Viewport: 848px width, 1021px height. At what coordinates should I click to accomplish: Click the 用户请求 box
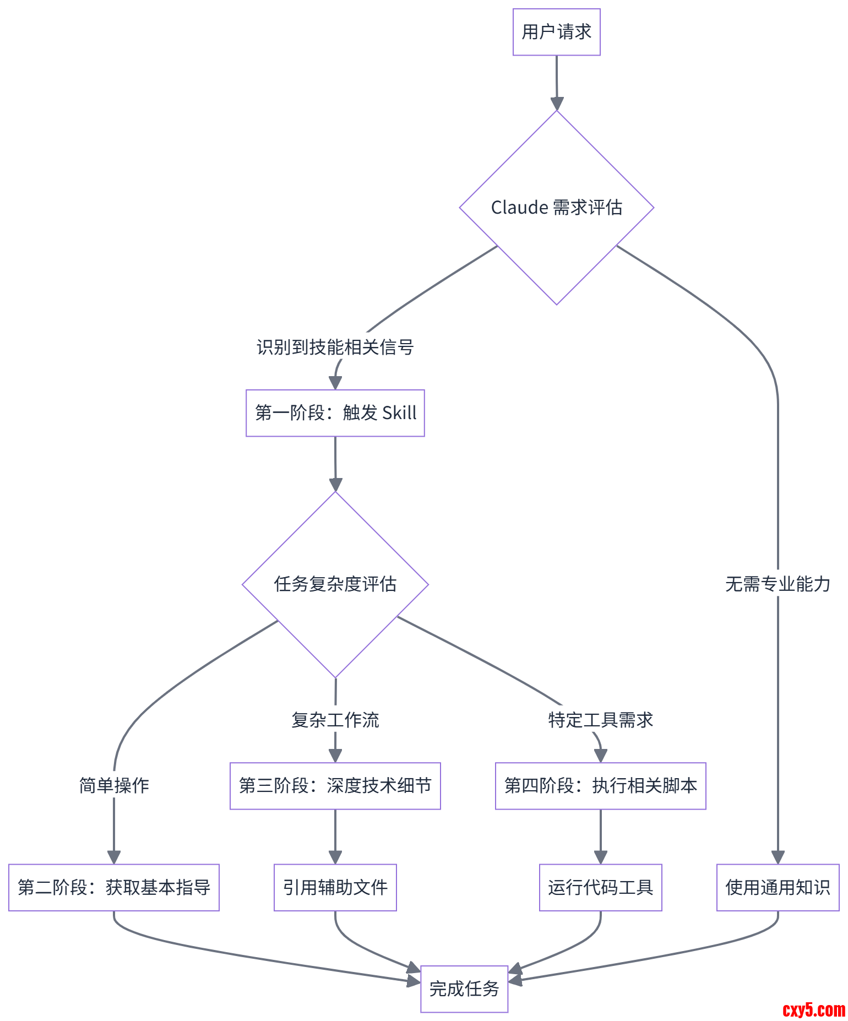(x=556, y=32)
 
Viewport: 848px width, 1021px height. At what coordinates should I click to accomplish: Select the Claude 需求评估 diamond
(x=556, y=208)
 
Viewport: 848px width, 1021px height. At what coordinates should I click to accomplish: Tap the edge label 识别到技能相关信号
(x=335, y=347)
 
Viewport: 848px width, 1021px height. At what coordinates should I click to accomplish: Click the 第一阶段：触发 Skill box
(x=335, y=413)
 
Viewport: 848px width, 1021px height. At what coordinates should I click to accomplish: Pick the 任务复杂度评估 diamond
(x=335, y=584)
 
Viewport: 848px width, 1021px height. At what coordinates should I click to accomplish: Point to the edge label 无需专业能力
(x=778, y=584)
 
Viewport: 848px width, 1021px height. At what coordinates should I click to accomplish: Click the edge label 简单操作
(x=114, y=785)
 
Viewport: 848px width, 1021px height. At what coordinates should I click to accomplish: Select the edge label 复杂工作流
(x=335, y=720)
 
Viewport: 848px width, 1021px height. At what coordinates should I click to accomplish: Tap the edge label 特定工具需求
(x=600, y=720)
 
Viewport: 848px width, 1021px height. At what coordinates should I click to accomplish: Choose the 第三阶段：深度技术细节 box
(x=335, y=786)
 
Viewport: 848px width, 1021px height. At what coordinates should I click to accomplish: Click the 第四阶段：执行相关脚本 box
(x=600, y=786)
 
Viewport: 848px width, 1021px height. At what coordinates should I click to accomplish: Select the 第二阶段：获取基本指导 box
(x=114, y=887)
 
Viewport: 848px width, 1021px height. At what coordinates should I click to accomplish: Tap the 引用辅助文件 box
(x=335, y=887)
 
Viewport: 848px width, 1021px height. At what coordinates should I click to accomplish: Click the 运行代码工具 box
(x=600, y=887)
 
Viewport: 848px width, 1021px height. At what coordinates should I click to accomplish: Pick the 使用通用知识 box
(x=778, y=887)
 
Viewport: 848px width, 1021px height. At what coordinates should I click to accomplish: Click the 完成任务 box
(x=464, y=989)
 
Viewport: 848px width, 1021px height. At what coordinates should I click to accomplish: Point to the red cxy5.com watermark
(x=813, y=1009)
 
